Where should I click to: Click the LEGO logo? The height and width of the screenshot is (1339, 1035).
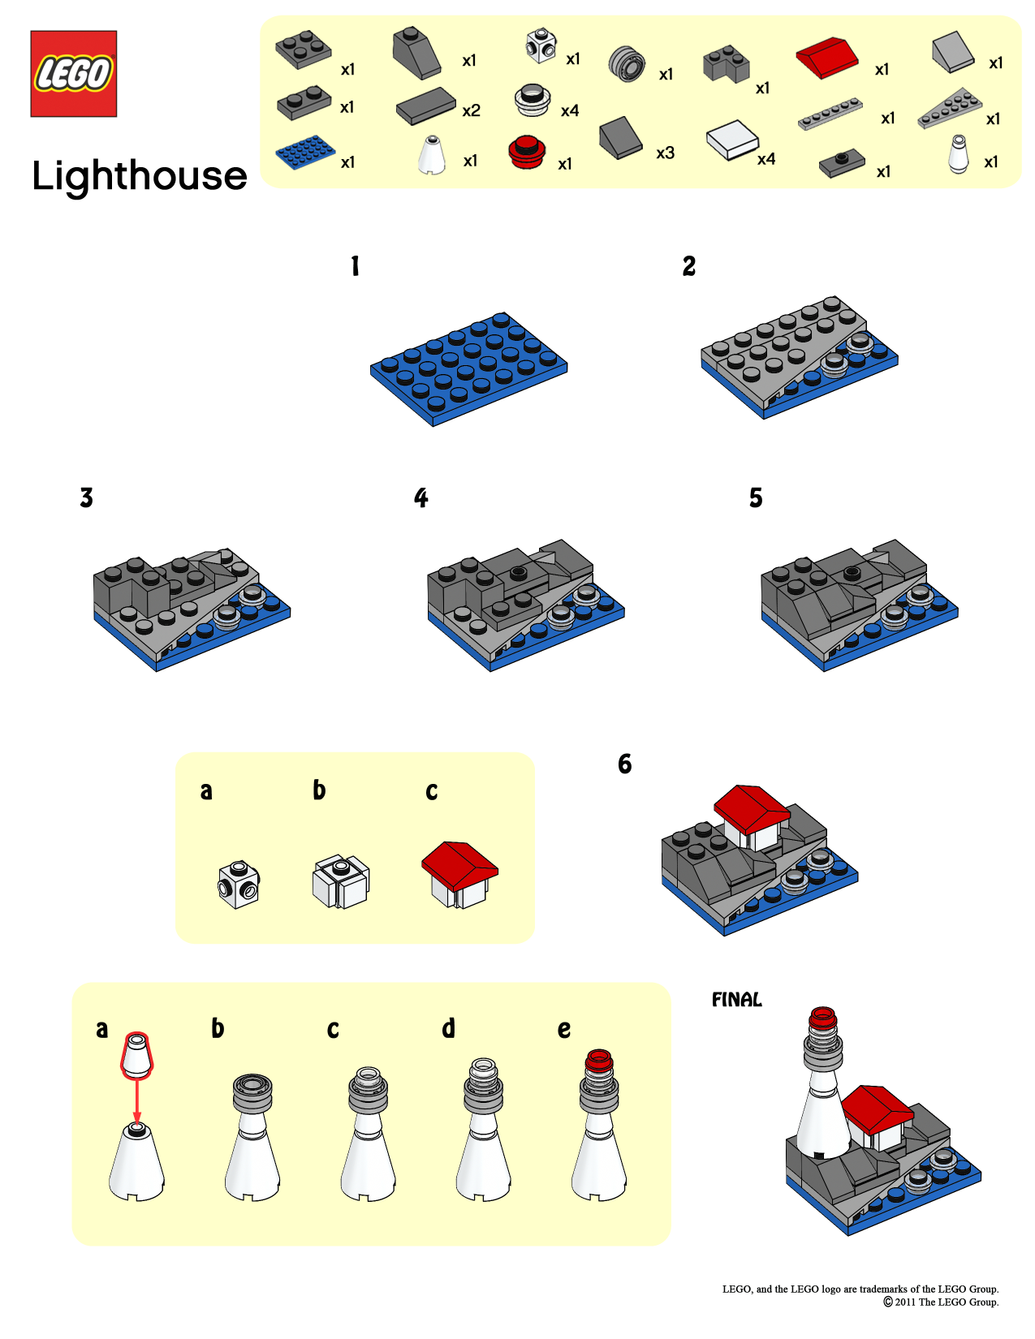(x=74, y=74)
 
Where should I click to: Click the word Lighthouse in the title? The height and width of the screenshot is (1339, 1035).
(x=140, y=176)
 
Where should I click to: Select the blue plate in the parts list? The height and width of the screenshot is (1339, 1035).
(x=304, y=152)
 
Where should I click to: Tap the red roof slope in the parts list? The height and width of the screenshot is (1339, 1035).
(x=826, y=57)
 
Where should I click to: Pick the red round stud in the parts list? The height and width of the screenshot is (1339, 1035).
(x=527, y=151)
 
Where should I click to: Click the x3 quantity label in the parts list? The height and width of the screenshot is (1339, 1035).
(x=665, y=153)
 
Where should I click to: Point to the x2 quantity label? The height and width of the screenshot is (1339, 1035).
(x=471, y=110)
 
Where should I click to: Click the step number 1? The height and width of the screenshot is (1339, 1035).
(x=355, y=266)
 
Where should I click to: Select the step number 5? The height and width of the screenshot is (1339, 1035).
(x=756, y=497)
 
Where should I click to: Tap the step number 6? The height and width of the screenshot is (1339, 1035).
(x=624, y=764)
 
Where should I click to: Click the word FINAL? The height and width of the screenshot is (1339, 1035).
(x=737, y=1000)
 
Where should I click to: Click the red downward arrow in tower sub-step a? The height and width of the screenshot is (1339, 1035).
(x=137, y=1100)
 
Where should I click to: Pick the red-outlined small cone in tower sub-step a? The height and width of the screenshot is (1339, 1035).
(x=136, y=1054)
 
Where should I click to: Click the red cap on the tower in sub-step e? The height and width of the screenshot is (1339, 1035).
(x=599, y=1060)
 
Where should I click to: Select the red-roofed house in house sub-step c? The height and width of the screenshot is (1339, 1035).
(x=459, y=874)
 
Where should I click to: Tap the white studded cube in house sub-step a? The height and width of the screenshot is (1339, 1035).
(x=239, y=884)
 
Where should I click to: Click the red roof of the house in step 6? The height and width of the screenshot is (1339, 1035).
(x=752, y=806)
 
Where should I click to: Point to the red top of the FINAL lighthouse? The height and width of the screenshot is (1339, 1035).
(x=822, y=1018)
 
